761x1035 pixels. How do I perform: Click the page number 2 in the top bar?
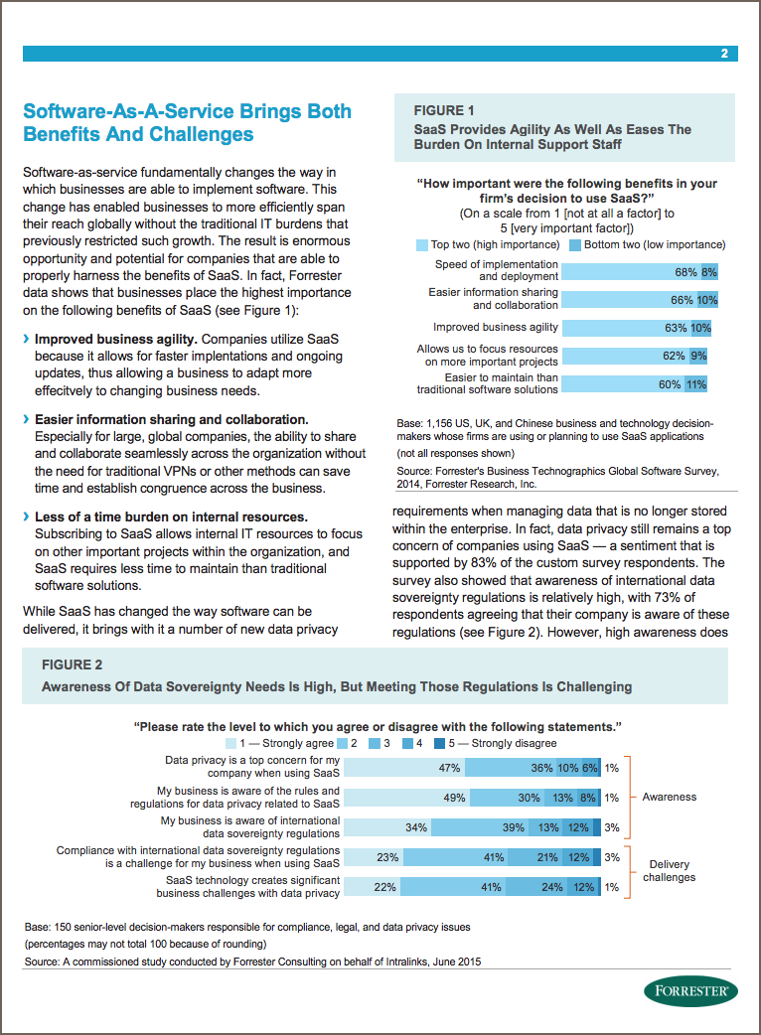click(724, 54)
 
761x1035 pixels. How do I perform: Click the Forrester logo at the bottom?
click(691, 990)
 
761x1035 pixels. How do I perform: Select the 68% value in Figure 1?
click(685, 272)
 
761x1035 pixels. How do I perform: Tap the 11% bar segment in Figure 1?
click(695, 384)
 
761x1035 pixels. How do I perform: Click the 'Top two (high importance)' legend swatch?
click(422, 245)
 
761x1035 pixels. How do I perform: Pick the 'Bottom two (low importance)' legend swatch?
click(575, 245)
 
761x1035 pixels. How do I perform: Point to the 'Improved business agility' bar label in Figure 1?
click(496, 327)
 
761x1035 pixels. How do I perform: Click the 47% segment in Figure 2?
click(404, 768)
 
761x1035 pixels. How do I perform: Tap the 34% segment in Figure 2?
click(387, 827)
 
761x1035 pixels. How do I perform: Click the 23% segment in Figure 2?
click(374, 857)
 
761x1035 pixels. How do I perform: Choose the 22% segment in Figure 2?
click(373, 886)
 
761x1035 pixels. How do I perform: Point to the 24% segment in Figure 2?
click(536, 886)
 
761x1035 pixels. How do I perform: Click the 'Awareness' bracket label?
click(670, 797)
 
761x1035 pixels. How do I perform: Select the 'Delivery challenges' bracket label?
click(670, 871)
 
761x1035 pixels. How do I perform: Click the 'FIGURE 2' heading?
click(72, 665)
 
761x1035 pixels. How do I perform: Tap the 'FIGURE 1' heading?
click(443, 110)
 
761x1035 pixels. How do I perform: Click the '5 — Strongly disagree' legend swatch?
click(439, 743)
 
